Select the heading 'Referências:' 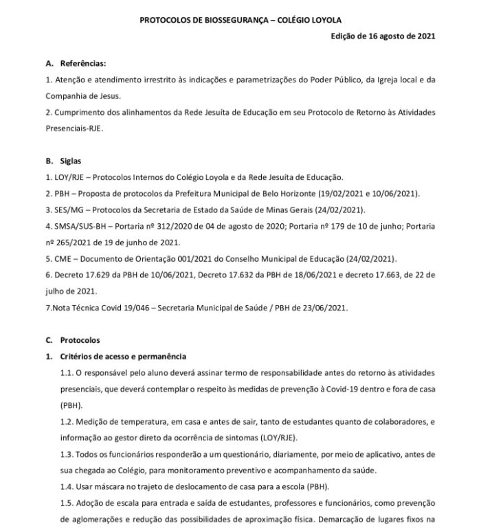tap(83, 64)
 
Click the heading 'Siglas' tap(71, 161)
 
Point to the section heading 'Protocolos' tap(80, 340)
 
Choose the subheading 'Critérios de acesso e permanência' tap(122, 356)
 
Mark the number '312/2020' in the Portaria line tap(179, 225)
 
